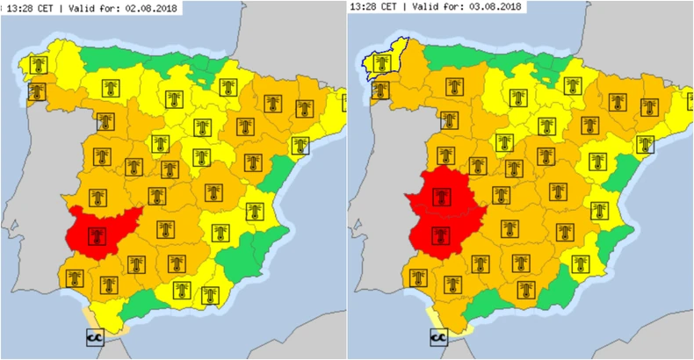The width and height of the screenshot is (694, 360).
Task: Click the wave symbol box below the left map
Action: (93, 336)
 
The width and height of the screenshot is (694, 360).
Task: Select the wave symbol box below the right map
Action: (438, 336)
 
